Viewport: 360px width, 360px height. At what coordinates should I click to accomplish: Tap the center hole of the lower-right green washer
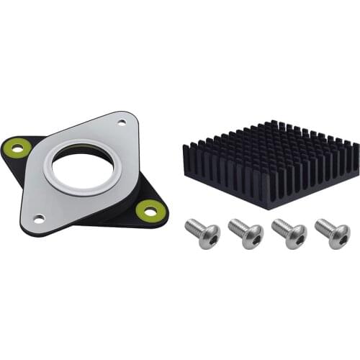[150, 211]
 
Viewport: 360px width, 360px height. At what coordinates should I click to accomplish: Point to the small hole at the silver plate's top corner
[120, 123]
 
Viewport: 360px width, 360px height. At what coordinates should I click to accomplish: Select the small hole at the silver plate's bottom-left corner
[38, 217]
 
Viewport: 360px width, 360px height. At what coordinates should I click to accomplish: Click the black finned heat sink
[270, 162]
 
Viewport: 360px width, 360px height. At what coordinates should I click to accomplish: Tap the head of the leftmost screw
[210, 235]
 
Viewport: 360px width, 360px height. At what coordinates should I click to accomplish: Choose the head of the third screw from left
[296, 235]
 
